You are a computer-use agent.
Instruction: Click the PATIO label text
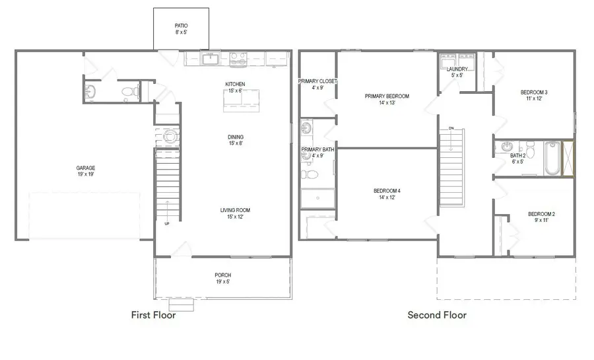[x=181, y=26]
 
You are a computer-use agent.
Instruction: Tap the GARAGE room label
[x=86, y=168]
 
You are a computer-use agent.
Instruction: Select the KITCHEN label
[x=235, y=84]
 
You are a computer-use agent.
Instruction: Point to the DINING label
[x=236, y=137]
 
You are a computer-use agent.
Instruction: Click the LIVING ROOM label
[x=235, y=210]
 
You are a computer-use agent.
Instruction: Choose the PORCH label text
[x=223, y=275]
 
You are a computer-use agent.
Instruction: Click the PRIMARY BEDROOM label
[x=387, y=96]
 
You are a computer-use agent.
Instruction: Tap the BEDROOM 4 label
[x=387, y=191]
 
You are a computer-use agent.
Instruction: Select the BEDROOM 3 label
[x=534, y=92]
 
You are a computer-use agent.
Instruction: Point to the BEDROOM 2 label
[x=541, y=214]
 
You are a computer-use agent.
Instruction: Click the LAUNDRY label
[x=457, y=69]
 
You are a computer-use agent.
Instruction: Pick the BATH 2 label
[x=517, y=156]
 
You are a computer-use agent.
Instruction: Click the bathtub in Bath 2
[x=552, y=158]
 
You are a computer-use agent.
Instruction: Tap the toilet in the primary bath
[x=310, y=174]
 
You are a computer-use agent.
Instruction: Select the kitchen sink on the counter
[x=210, y=59]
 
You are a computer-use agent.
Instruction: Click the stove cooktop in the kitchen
[x=238, y=59]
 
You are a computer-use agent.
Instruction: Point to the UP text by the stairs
[x=167, y=223]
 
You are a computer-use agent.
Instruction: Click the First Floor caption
[x=153, y=315]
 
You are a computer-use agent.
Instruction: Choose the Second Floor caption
[x=437, y=315]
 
